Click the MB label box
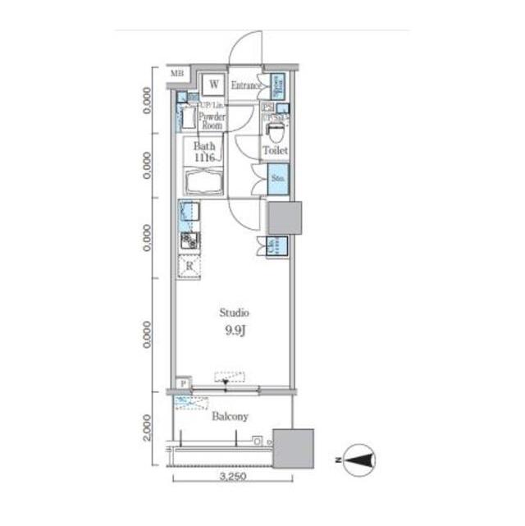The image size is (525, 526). [176, 75]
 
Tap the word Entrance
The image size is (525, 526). [245, 85]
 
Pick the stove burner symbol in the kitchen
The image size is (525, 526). [189, 240]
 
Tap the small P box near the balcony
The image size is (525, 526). [182, 383]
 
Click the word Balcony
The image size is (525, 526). [230, 417]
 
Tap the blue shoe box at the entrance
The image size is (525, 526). [278, 84]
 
